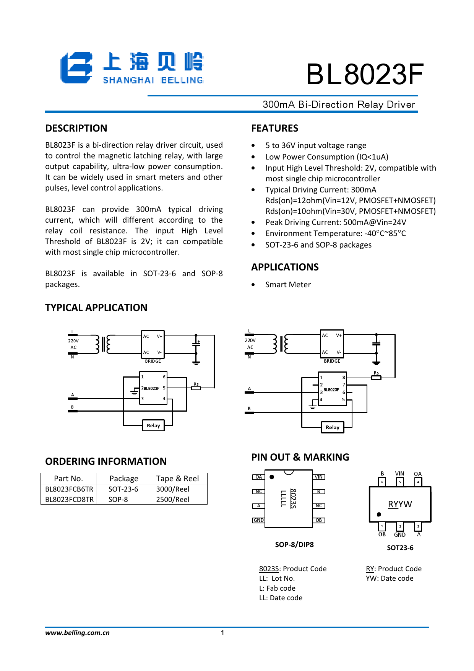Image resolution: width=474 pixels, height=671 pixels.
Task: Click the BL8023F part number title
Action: point(364,74)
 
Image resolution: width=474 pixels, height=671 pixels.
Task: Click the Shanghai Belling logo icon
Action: point(76,68)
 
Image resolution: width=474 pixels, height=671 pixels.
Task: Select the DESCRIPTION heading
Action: point(76,128)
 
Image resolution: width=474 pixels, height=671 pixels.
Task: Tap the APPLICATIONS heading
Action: point(285,267)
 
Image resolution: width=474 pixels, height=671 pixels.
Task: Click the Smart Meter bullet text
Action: point(288,285)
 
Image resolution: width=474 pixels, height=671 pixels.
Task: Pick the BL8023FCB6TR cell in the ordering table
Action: point(69,489)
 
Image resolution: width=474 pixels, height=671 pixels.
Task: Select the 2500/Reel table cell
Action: point(172,500)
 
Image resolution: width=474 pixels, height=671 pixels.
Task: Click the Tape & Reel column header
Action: point(177,479)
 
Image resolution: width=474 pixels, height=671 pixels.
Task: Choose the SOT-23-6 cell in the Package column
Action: point(123,489)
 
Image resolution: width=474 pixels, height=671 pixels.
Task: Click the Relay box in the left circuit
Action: point(153,425)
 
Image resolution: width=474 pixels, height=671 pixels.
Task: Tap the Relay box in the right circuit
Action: point(332,427)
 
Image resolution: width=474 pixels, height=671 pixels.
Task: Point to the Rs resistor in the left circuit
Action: point(196,388)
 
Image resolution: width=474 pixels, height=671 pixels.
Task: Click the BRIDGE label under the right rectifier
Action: point(332,361)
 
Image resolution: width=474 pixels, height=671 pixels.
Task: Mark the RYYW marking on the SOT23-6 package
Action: point(400,504)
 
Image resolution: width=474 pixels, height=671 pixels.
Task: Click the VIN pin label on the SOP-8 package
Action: point(319,477)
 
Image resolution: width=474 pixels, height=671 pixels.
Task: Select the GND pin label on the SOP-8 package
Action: point(259,520)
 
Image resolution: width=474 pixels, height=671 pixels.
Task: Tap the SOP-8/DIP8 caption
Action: point(294,545)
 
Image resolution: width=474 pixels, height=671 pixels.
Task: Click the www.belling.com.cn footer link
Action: point(77,633)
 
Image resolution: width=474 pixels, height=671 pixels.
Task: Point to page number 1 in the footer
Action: point(222,633)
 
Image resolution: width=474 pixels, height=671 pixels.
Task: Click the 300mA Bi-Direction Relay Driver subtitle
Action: point(339,104)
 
